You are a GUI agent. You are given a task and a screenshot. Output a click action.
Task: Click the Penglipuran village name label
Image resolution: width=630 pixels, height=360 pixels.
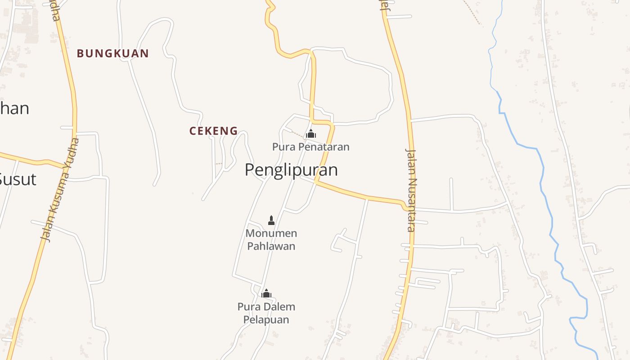pyautogui.click(x=291, y=170)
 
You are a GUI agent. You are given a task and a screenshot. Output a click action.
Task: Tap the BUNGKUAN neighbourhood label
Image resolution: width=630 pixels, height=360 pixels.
pyautogui.click(x=112, y=54)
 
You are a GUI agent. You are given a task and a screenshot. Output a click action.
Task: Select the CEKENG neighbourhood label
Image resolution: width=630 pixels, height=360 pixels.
pyautogui.click(x=213, y=131)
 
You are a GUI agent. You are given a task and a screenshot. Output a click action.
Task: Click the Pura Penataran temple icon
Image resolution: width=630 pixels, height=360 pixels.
pyautogui.click(x=310, y=134)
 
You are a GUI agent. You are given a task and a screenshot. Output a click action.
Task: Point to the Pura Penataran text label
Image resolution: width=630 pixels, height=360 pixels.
pyautogui.click(x=310, y=147)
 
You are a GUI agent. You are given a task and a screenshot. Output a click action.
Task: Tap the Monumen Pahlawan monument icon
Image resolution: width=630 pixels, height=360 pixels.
pyautogui.click(x=271, y=220)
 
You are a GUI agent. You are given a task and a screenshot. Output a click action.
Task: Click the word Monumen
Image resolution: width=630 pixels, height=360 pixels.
pyautogui.click(x=271, y=234)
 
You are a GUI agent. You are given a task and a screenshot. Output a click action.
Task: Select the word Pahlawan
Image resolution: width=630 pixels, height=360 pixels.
pyautogui.click(x=271, y=246)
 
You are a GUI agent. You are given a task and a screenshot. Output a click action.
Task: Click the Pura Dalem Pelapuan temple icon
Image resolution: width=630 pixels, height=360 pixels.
pyautogui.click(x=266, y=294)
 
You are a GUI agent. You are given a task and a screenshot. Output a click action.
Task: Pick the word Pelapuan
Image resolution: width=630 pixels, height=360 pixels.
pyautogui.click(x=266, y=319)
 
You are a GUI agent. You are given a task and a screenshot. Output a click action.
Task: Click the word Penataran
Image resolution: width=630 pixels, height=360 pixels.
pyautogui.click(x=325, y=147)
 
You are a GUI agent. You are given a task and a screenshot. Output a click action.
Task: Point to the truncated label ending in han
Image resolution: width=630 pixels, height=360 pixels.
pyautogui.click(x=14, y=108)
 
